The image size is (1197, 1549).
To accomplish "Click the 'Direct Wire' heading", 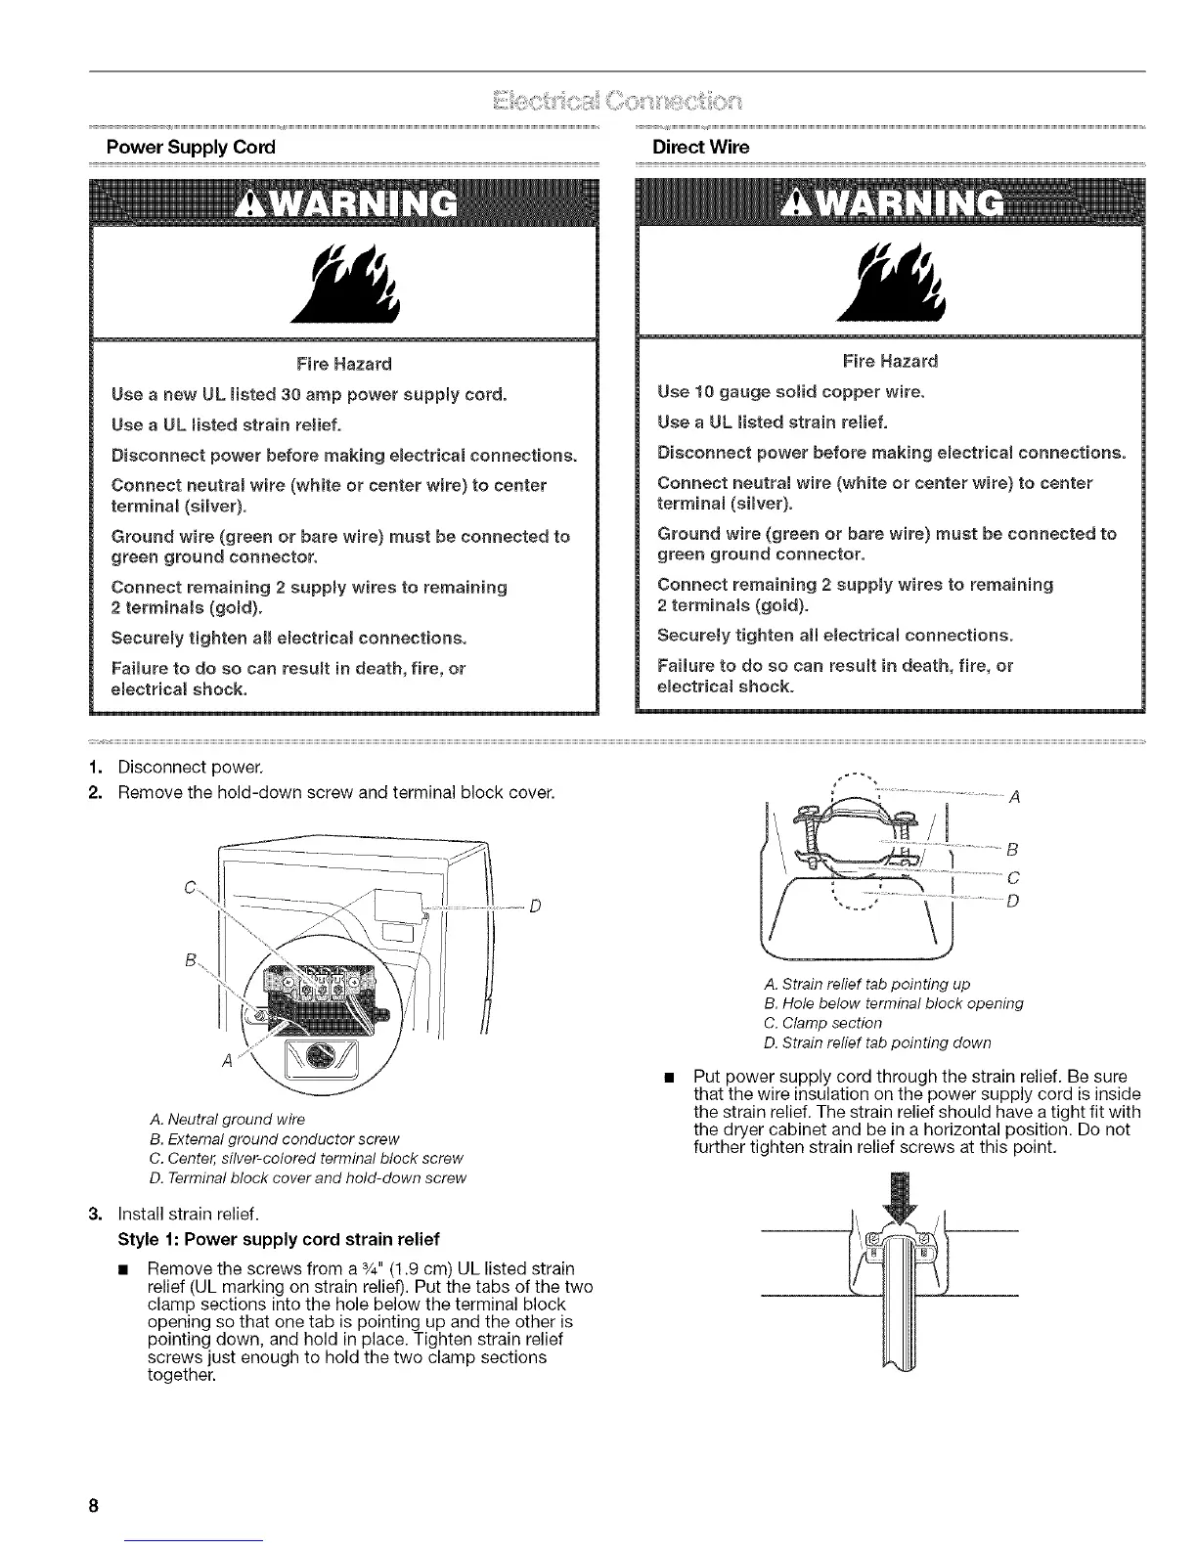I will (700, 147).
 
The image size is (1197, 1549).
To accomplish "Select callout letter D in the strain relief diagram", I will (1012, 901).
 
